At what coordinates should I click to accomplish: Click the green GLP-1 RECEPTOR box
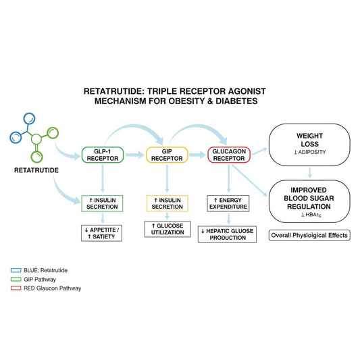tap(103, 155)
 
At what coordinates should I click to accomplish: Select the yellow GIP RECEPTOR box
tap(166, 155)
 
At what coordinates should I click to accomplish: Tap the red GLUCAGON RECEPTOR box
tap(230, 155)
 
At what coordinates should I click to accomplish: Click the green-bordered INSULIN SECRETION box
tap(102, 203)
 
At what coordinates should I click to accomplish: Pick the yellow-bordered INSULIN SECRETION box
tap(167, 203)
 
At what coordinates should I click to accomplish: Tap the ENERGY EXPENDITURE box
tap(230, 203)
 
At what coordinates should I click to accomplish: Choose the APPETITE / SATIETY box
tap(102, 233)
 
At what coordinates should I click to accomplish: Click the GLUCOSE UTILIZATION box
tap(167, 228)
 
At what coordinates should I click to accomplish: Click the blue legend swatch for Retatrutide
tap(16, 269)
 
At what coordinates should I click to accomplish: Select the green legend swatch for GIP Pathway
tap(16, 279)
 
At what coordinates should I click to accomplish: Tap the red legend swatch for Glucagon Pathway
tap(16, 288)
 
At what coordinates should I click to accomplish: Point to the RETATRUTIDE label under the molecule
tap(36, 171)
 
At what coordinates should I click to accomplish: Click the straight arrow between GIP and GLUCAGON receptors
tap(198, 155)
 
